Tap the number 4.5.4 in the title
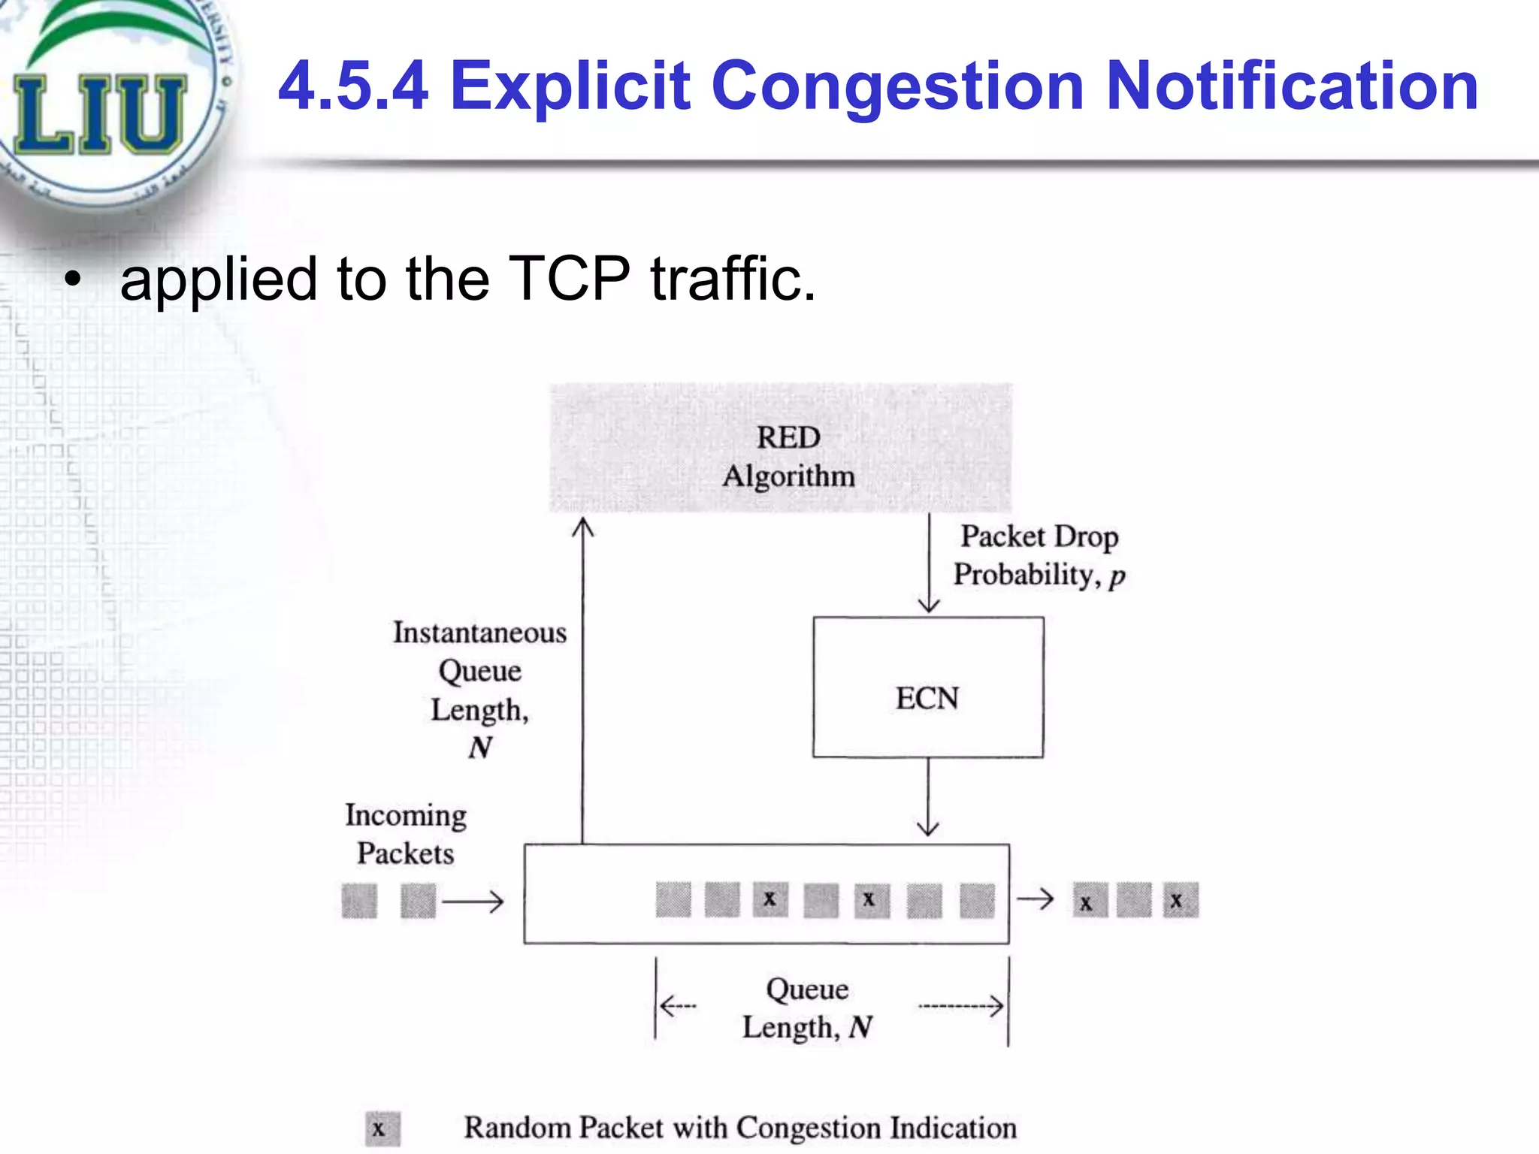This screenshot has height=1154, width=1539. click(353, 86)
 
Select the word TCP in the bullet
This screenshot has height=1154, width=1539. click(569, 279)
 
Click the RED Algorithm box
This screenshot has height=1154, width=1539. click(782, 448)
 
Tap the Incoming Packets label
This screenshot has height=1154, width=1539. click(406, 834)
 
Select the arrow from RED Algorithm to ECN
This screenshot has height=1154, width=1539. click(930, 563)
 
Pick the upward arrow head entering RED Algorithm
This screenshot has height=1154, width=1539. click(582, 527)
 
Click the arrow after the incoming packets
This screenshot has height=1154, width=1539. click(473, 901)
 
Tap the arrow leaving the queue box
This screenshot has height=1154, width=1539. click(1036, 899)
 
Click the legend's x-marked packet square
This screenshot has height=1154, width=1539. click(382, 1129)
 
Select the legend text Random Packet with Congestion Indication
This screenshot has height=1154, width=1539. click(740, 1128)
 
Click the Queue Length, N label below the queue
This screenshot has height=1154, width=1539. click(808, 1008)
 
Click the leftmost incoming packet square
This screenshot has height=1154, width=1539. click(359, 901)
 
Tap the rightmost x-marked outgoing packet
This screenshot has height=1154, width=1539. click(1181, 901)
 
